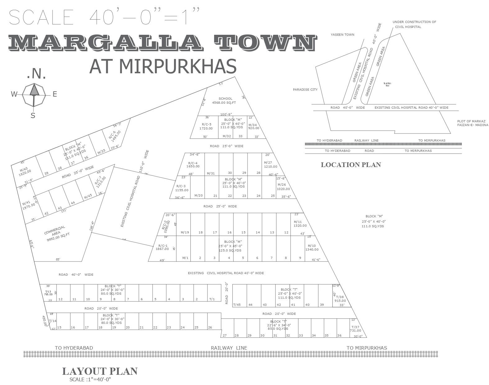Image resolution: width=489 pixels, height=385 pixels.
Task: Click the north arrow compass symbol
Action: coord(34,94)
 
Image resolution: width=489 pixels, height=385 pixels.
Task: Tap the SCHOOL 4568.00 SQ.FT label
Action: coord(225,101)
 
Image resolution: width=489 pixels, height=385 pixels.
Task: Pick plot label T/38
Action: coord(340,298)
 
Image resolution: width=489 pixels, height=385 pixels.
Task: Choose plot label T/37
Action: coord(355,329)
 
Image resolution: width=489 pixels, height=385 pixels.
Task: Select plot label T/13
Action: coord(48,293)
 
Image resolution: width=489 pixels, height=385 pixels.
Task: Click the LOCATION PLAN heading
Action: coord(351,165)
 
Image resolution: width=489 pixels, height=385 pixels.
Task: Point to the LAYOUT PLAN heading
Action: coord(100,371)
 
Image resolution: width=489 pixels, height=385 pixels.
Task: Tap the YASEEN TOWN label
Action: coord(342,35)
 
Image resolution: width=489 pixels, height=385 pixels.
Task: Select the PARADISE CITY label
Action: coord(305,90)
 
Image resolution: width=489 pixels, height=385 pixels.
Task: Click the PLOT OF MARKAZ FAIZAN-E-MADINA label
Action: coord(472,123)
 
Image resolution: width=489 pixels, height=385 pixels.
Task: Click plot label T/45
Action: coord(237,305)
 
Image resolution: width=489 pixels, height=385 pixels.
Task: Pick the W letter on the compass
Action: coord(14,94)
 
